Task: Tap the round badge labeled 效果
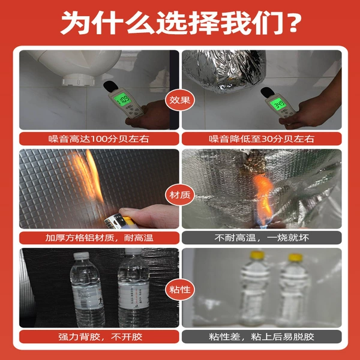click(180, 100)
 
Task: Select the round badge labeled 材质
click(180, 195)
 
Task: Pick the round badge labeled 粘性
click(180, 289)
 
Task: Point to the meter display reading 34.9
click(278, 104)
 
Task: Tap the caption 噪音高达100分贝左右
click(99, 139)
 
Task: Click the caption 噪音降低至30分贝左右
click(262, 139)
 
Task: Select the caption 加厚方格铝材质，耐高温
click(99, 238)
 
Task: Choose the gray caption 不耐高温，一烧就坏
click(262, 238)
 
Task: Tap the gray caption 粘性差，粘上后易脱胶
click(262, 337)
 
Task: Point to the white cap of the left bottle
click(81, 256)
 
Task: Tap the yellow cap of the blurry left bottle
click(257, 255)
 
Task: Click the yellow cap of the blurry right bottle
click(295, 257)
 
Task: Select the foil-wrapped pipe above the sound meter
click(224, 70)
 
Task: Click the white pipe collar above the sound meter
click(78, 80)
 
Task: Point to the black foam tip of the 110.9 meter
click(110, 85)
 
